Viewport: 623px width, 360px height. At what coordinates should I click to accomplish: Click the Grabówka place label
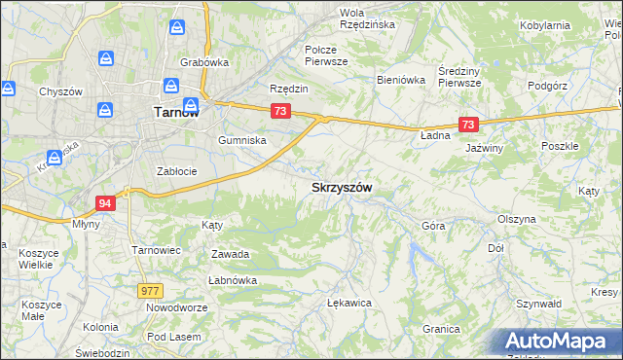pos(203,62)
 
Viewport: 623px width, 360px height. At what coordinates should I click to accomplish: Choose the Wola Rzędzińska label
pos(366,18)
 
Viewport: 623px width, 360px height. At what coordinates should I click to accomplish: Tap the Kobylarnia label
pos(571,25)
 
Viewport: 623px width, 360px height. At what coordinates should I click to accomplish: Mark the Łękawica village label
pos(350,303)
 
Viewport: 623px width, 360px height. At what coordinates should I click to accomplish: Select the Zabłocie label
pos(177,171)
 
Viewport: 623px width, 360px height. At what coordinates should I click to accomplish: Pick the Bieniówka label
pos(401,80)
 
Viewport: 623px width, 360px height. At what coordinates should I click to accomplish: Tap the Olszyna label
pos(517,219)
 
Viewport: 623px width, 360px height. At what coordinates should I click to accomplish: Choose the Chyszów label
pos(57,91)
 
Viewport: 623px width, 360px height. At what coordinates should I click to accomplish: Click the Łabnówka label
pos(232,280)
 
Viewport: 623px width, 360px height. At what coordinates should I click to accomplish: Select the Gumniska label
pos(242,140)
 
